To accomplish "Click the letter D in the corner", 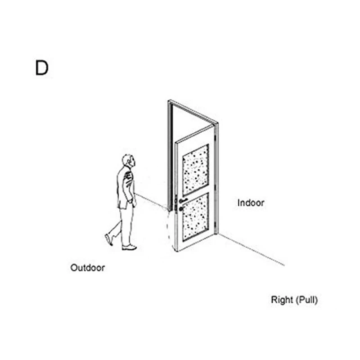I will tap(41, 68).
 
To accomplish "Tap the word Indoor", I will tap(251, 203).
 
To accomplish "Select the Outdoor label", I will tap(88, 268).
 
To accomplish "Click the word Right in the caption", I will tap(282, 300).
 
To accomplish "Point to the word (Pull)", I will tap(306, 300).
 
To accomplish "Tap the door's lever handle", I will tap(183, 201).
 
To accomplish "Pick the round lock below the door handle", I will tap(181, 208).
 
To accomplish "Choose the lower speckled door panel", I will tap(195, 217).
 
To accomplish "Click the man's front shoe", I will tap(129, 247).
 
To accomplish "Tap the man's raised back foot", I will tap(109, 239).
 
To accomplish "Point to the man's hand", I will tap(134, 203).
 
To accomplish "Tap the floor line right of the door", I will tap(252, 250).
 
